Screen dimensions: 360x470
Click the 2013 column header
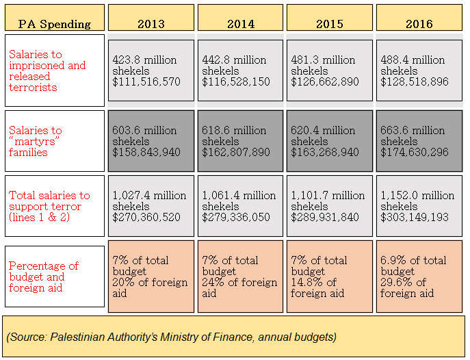(151, 23)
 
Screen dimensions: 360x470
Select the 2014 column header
(240, 23)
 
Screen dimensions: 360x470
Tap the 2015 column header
(329, 23)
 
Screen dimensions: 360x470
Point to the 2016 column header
(419, 23)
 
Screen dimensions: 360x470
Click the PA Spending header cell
(54, 23)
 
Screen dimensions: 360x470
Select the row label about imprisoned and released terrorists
(54, 70)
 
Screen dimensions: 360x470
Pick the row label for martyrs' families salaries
(54, 141)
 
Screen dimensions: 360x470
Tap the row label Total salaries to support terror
(54, 206)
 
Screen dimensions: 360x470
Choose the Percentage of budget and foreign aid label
(54, 277)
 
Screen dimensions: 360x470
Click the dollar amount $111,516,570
(147, 82)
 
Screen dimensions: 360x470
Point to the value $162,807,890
(236, 153)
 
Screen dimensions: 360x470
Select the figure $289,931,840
(326, 218)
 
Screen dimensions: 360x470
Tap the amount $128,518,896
(415, 82)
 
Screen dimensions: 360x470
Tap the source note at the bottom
(171, 337)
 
